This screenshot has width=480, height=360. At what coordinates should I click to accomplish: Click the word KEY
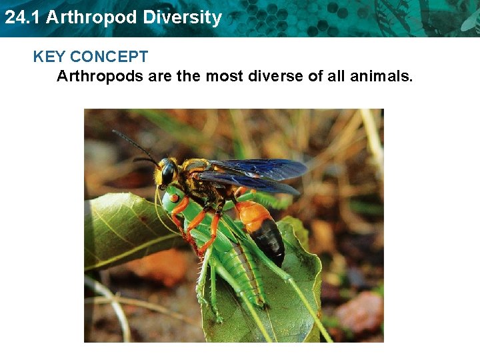(49, 57)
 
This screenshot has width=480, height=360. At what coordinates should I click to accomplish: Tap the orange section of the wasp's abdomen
(251, 215)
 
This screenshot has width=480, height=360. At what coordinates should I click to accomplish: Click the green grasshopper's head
(172, 198)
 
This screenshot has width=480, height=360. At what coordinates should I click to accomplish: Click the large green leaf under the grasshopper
(293, 293)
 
